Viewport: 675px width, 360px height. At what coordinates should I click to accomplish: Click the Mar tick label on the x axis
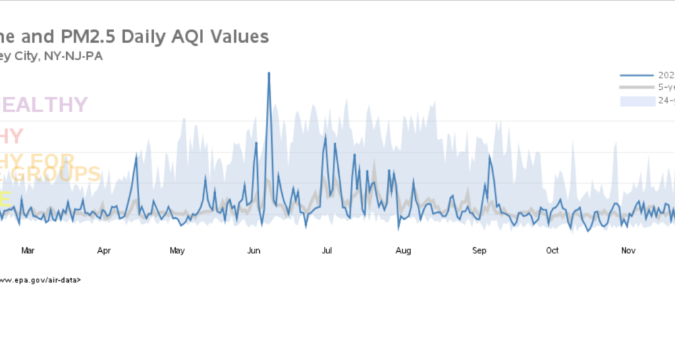coord(28,251)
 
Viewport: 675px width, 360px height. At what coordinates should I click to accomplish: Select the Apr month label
coord(104,251)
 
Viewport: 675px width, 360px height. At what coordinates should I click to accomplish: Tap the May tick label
coord(177,251)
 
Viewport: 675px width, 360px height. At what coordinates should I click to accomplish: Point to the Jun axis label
coord(254,251)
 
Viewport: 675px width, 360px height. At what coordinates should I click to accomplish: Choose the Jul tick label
coord(327,251)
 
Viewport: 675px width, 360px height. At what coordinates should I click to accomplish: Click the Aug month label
coord(403,251)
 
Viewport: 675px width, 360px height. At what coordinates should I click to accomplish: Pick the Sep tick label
coord(479,251)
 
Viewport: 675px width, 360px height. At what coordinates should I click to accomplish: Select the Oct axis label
coord(552,251)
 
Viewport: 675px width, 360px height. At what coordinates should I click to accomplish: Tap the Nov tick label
coord(628,251)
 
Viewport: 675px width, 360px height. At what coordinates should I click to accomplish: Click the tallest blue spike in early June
coord(269,73)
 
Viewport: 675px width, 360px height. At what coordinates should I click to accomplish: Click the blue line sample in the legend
coord(637,75)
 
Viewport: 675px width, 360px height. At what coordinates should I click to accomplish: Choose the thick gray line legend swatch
coord(637,88)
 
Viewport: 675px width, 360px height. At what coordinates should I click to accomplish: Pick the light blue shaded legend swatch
coord(637,101)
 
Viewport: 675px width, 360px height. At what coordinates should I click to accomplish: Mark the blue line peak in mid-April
coord(136,156)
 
